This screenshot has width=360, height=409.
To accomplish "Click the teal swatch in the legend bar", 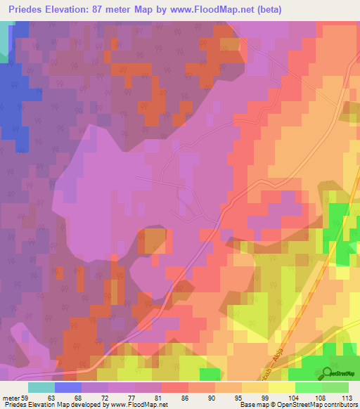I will (x=41, y=387).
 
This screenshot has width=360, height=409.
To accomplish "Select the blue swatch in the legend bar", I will (x=68, y=387).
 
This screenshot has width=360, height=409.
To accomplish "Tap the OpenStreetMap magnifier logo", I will (x=328, y=372).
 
